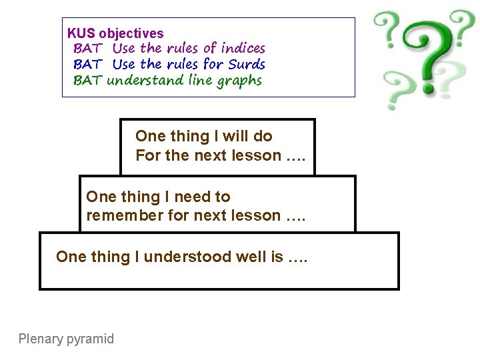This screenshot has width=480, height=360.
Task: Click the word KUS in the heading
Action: tap(81, 33)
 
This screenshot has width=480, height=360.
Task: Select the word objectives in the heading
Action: tap(131, 33)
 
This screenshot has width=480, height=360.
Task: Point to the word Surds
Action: tap(246, 65)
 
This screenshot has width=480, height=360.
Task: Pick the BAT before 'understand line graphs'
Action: tap(87, 81)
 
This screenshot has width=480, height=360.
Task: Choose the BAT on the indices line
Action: tap(87, 49)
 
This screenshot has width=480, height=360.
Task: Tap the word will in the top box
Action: tap(235, 136)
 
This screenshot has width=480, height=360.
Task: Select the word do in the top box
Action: tap(263, 136)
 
